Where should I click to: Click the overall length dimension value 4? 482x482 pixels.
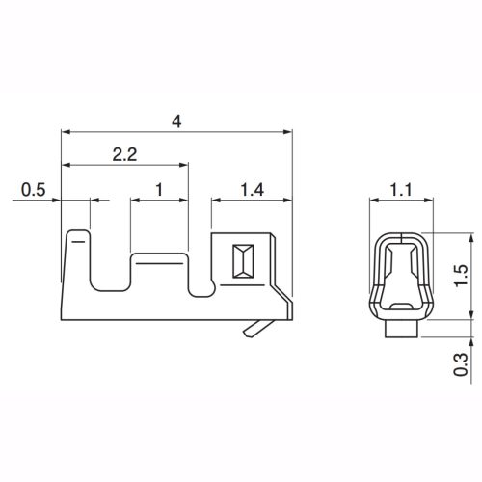tap(175, 121)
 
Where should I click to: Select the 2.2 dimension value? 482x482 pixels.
tap(124, 154)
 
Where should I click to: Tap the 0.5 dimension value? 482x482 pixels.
tap(33, 190)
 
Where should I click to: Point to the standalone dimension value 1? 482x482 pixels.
tap(159, 190)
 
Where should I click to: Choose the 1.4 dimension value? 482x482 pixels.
tap(252, 190)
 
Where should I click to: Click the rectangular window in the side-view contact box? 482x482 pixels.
tap(243, 261)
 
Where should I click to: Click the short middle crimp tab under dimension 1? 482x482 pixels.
tap(159, 275)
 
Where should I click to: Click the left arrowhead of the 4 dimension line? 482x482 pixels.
tap(65, 131)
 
